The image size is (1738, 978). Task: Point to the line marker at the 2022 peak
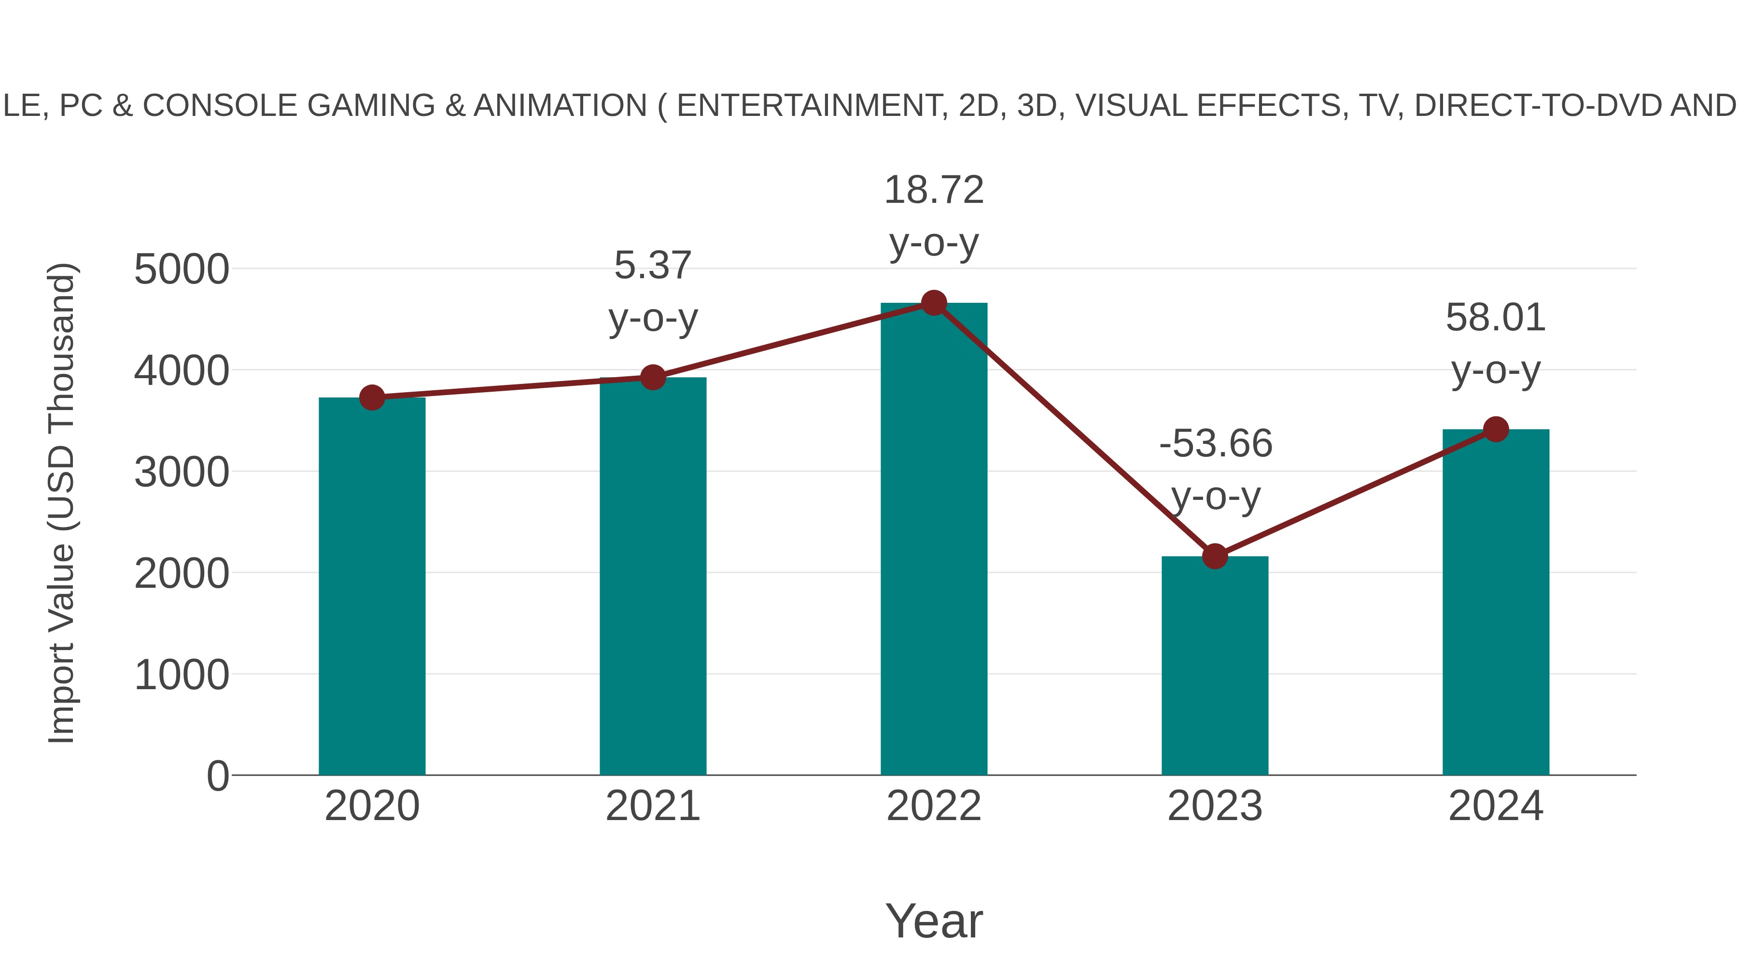tap(934, 303)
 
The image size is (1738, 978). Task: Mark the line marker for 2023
tap(1215, 557)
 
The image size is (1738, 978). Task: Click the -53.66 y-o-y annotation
tap(1215, 470)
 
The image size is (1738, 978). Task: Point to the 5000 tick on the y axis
tap(182, 269)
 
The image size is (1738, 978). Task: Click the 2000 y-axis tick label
tap(182, 574)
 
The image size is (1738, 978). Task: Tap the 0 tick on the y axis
tap(217, 776)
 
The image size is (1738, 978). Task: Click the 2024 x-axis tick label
tap(1496, 806)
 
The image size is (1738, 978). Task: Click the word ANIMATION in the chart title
tap(560, 105)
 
